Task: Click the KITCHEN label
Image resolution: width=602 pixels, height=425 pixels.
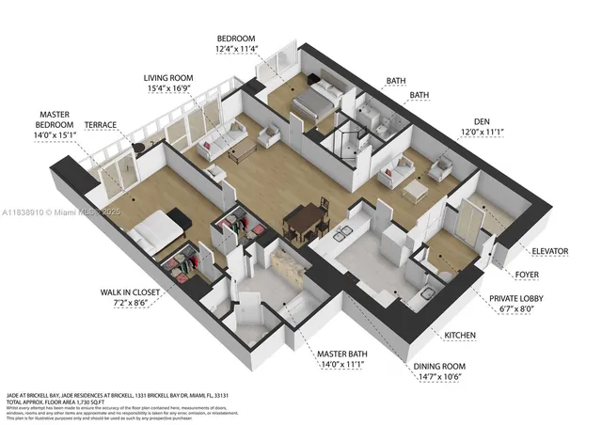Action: point(460,336)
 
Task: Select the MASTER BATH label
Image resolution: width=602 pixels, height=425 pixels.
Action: point(341,353)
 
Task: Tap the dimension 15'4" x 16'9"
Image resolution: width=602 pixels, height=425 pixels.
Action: point(168,90)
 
